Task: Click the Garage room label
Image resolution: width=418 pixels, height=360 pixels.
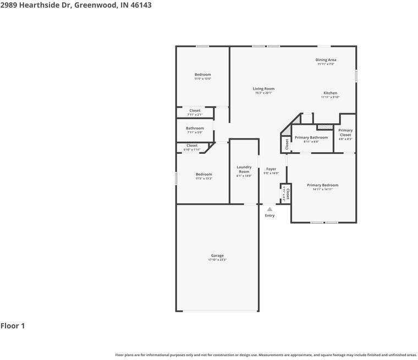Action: click(217, 256)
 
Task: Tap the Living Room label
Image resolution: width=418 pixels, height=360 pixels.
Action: click(263, 88)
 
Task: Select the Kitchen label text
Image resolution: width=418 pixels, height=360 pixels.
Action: click(330, 93)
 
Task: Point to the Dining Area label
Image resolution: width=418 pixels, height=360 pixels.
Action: click(326, 60)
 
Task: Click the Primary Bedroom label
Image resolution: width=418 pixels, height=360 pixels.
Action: click(322, 185)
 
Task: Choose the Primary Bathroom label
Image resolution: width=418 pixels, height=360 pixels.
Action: click(311, 137)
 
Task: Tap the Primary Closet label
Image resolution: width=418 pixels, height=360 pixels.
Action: click(345, 132)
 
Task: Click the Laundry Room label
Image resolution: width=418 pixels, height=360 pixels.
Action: click(244, 169)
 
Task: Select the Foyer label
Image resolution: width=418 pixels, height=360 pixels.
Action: click(271, 169)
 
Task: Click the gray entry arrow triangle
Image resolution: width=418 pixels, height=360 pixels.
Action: click(269, 209)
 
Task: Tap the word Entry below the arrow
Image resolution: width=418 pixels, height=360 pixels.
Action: click(269, 215)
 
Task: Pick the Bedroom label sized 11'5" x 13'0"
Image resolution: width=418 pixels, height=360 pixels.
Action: click(202, 75)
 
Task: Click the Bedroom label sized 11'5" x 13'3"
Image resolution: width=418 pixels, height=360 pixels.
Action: click(204, 174)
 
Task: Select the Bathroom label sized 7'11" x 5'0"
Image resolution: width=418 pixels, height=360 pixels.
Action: click(195, 128)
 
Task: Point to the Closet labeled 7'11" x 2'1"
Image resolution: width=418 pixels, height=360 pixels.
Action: click(195, 110)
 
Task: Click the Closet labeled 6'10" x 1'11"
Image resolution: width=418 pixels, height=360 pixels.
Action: click(192, 146)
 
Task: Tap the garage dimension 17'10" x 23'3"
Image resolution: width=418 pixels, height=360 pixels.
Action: click(217, 260)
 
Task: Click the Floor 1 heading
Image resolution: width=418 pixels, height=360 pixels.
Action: click(13, 326)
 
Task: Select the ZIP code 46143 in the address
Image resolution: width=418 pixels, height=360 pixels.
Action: click(141, 5)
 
